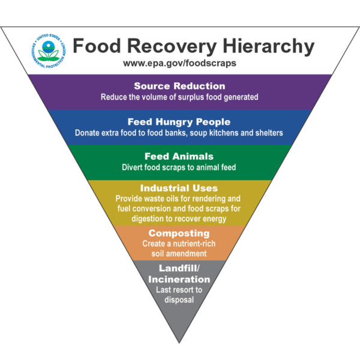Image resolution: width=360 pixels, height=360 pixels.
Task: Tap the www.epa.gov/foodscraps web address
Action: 179,62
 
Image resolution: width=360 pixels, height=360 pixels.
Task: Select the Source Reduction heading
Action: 179,86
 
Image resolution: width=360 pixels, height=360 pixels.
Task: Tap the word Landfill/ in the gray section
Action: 179,268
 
